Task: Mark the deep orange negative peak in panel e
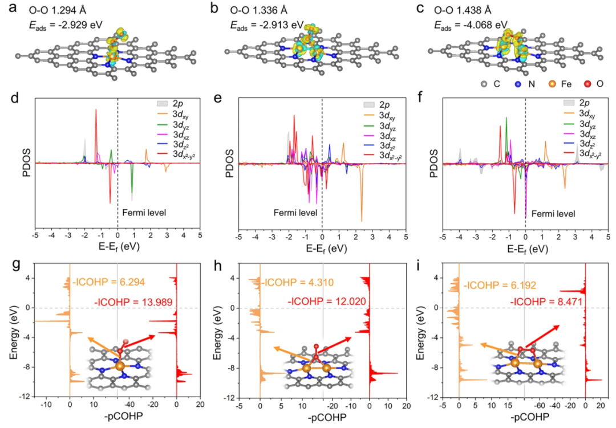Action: [x=362, y=221]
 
